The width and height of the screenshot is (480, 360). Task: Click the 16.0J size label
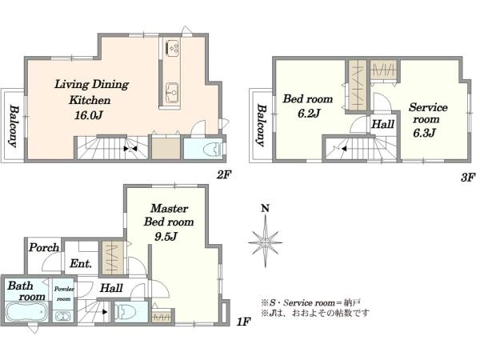tap(89, 115)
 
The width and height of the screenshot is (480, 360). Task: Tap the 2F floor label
tap(224, 174)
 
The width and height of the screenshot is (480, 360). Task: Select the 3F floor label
tap(468, 177)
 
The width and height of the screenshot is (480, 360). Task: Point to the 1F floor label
tap(244, 322)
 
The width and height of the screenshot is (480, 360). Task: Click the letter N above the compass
tap(265, 209)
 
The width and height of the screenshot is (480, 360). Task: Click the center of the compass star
tap(265, 242)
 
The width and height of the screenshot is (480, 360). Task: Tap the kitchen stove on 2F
tap(172, 48)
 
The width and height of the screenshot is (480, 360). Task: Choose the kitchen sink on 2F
tap(172, 92)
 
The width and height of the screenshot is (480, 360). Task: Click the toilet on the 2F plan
tap(214, 149)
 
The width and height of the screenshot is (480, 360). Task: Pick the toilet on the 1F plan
tap(126, 311)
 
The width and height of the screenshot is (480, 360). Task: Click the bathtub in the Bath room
tap(26, 312)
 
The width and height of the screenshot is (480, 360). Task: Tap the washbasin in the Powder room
tap(63, 316)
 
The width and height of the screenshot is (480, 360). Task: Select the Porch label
tap(44, 247)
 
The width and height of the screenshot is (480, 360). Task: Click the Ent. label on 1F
tap(81, 263)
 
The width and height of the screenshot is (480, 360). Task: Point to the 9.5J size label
tap(166, 236)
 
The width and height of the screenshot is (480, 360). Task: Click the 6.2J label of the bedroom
tap(309, 114)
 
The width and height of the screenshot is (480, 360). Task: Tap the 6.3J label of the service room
tap(424, 133)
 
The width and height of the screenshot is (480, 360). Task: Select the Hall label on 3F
tap(382, 124)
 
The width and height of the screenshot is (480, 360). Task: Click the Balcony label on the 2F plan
tap(13, 126)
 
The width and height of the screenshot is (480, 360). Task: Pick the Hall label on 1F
tap(111, 288)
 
